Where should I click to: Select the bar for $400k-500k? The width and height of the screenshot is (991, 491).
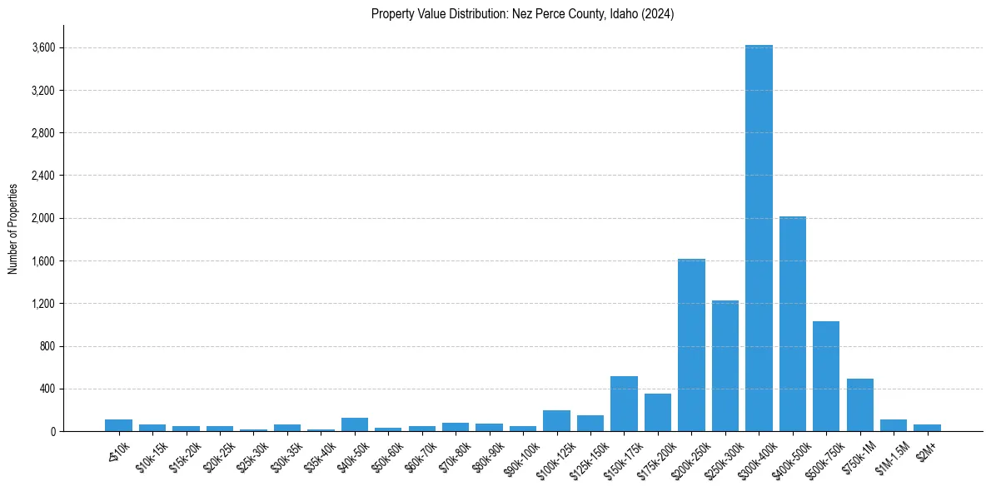point(792,324)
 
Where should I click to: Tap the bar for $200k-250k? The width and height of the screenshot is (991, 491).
point(691,345)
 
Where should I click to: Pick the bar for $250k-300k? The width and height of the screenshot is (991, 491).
point(725,366)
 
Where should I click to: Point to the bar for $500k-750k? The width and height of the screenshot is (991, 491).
point(826,376)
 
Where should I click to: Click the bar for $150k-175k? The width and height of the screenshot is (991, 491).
point(624,404)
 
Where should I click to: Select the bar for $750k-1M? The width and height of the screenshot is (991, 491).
point(859,405)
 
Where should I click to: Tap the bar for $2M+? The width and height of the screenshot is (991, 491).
point(927,428)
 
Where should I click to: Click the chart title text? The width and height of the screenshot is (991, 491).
point(523,14)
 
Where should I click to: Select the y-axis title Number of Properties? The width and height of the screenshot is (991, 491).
point(13,229)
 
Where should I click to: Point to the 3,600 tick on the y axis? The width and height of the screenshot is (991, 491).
point(42,48)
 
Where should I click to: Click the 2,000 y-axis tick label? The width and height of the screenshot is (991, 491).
point(42,219)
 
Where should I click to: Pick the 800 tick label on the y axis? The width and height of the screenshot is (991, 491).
point(47,346)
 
